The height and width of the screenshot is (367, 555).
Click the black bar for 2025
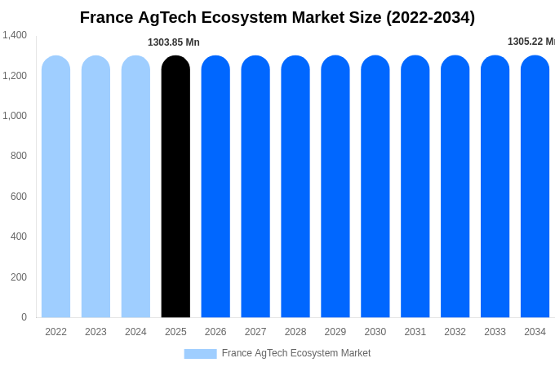175,187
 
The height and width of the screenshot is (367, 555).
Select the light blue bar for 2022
55,187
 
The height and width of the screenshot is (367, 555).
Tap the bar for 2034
535,187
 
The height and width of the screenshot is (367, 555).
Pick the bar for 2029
335,187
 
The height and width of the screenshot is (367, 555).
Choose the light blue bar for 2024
135,187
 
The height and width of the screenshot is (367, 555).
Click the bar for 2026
215,187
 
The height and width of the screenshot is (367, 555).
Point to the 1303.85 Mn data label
173,42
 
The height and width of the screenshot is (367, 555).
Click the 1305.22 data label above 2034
531,42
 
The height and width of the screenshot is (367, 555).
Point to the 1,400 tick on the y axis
15,35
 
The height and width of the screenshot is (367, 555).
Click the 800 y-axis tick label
18,156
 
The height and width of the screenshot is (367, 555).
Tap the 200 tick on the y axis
18,277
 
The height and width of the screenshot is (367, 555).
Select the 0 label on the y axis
24,317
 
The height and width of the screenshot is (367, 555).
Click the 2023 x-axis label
95,332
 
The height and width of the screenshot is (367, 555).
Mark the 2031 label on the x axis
415,332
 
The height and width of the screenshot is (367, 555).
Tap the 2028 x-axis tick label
295,332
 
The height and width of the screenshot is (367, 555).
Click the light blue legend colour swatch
200,354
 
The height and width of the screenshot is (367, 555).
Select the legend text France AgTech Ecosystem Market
296,353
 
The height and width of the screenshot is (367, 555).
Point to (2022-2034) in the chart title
430,17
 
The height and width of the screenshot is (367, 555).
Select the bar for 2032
455,187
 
